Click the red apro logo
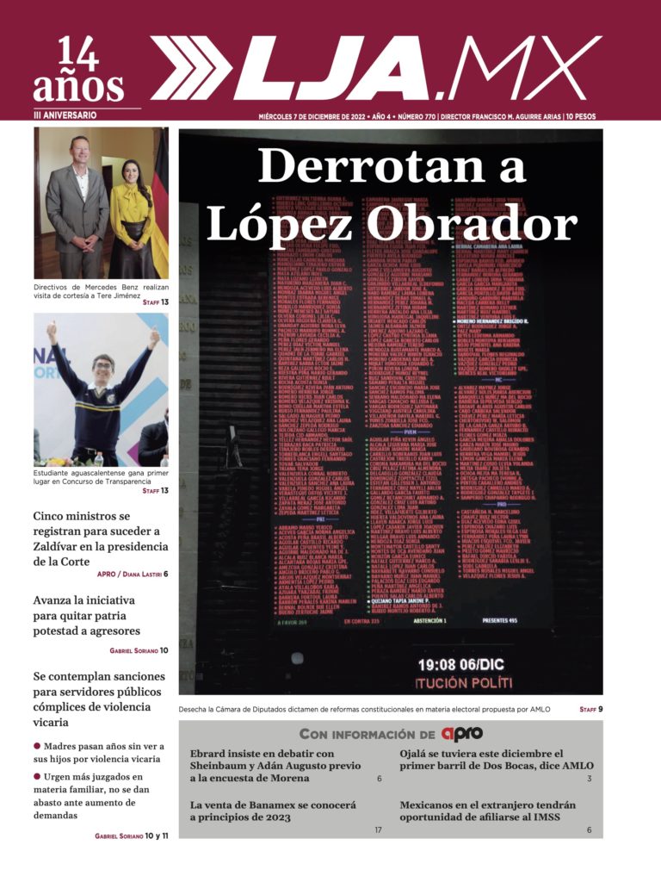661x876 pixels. coord(462,734)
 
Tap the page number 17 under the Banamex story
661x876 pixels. coord(378,829)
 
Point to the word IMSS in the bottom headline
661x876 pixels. coord(572,817)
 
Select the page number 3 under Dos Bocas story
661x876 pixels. coord(590,779)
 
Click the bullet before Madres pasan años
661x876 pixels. coord(37,746)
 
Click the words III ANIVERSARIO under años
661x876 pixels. coord(65,115)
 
